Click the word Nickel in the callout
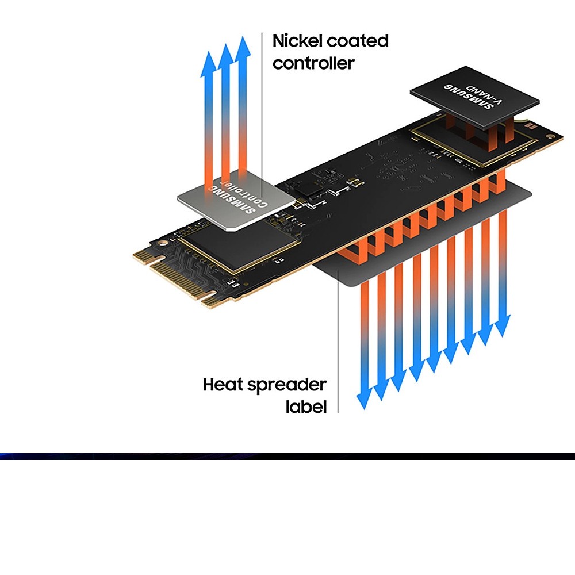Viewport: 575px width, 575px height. [x=297, y=41]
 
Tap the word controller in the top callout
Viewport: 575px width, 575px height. [x=313, y=63]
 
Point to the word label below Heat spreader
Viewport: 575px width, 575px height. [x=306, y=407]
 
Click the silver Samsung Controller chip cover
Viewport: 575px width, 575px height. [x=236, y=201]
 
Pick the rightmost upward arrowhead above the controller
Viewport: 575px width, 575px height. [x=244, y=47]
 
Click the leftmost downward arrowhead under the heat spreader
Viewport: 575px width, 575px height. [x=363, y=401]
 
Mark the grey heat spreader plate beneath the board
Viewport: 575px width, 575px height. [x=345, y=276]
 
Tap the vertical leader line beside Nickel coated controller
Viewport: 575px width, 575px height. [x=262, y=115]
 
